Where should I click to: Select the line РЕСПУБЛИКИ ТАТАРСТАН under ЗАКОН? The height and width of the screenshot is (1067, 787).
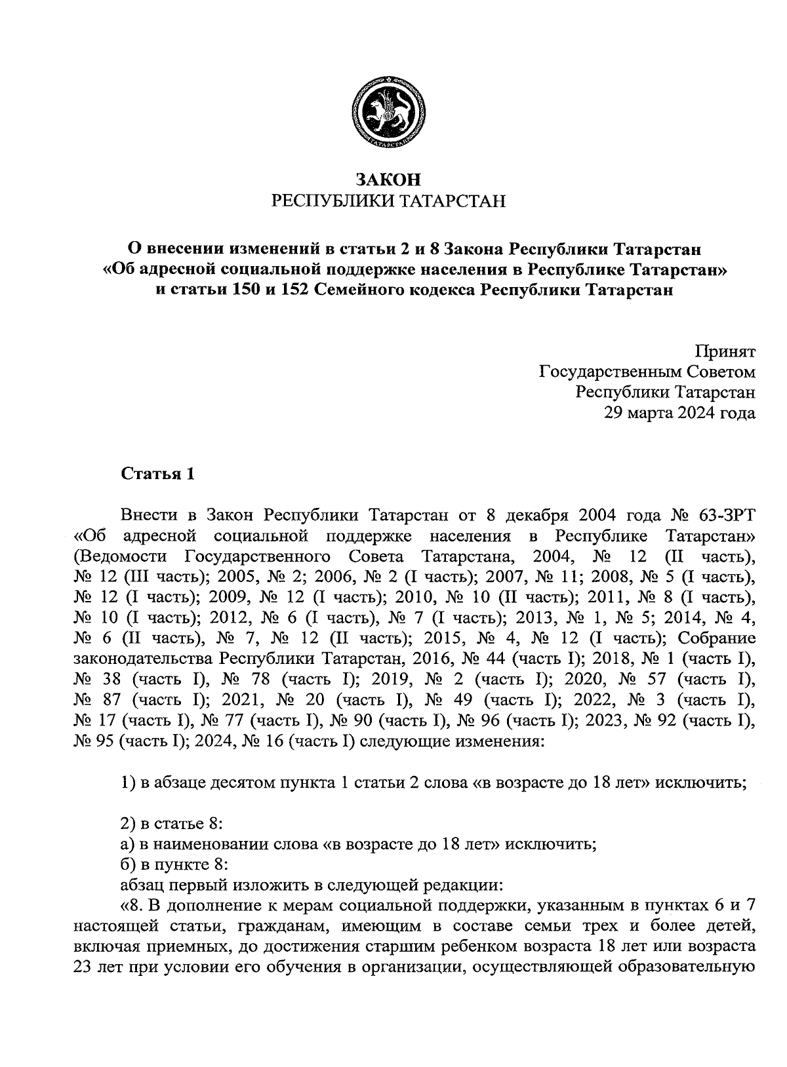(x=389, y=200)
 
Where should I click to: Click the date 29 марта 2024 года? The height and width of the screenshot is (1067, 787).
(x=679, y=412)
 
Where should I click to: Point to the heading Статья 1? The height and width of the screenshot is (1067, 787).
(x=157, y=474)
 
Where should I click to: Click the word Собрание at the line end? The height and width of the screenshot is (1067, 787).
(x=716, y=639)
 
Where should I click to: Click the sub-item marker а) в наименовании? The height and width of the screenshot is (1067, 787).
(x=127, y=844)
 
